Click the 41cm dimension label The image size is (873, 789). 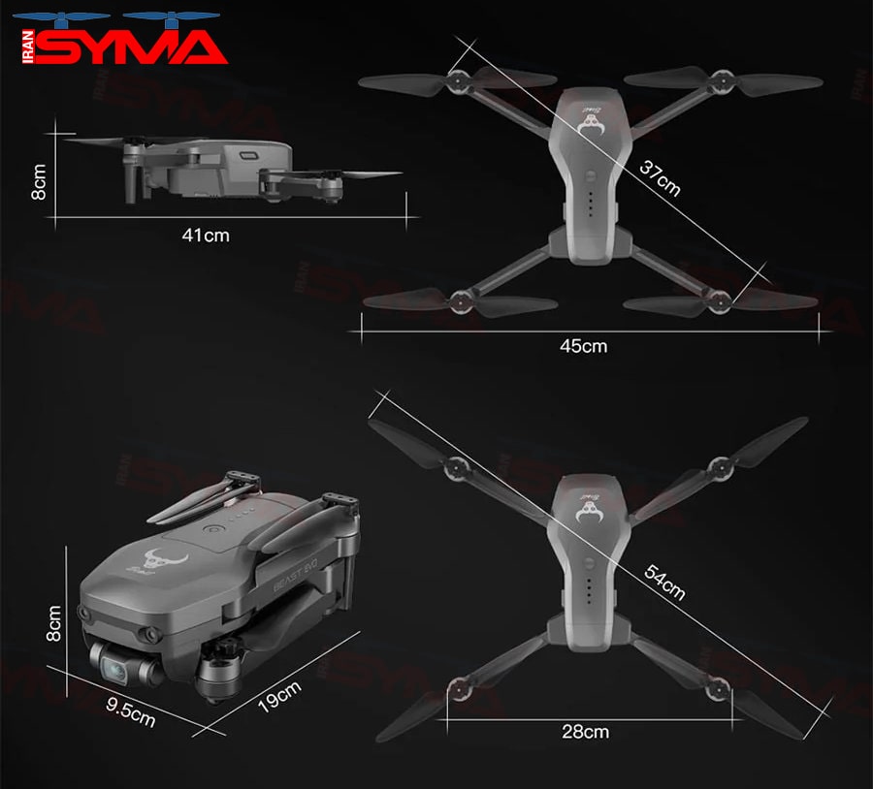206,236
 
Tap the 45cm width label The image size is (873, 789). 584,346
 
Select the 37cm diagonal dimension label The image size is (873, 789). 660,178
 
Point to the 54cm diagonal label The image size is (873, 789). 664,582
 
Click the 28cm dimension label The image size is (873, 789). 585,732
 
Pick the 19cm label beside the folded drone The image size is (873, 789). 279,696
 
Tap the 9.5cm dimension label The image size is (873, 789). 131,712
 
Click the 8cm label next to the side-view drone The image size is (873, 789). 39,181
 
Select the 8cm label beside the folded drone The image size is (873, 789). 53,624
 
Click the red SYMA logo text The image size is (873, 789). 131,47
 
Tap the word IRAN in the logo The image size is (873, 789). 28,47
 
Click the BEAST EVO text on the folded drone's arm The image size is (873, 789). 295,577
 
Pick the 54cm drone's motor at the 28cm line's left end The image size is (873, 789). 461,689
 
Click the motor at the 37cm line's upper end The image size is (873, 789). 458,81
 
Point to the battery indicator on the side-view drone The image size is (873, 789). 248,156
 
